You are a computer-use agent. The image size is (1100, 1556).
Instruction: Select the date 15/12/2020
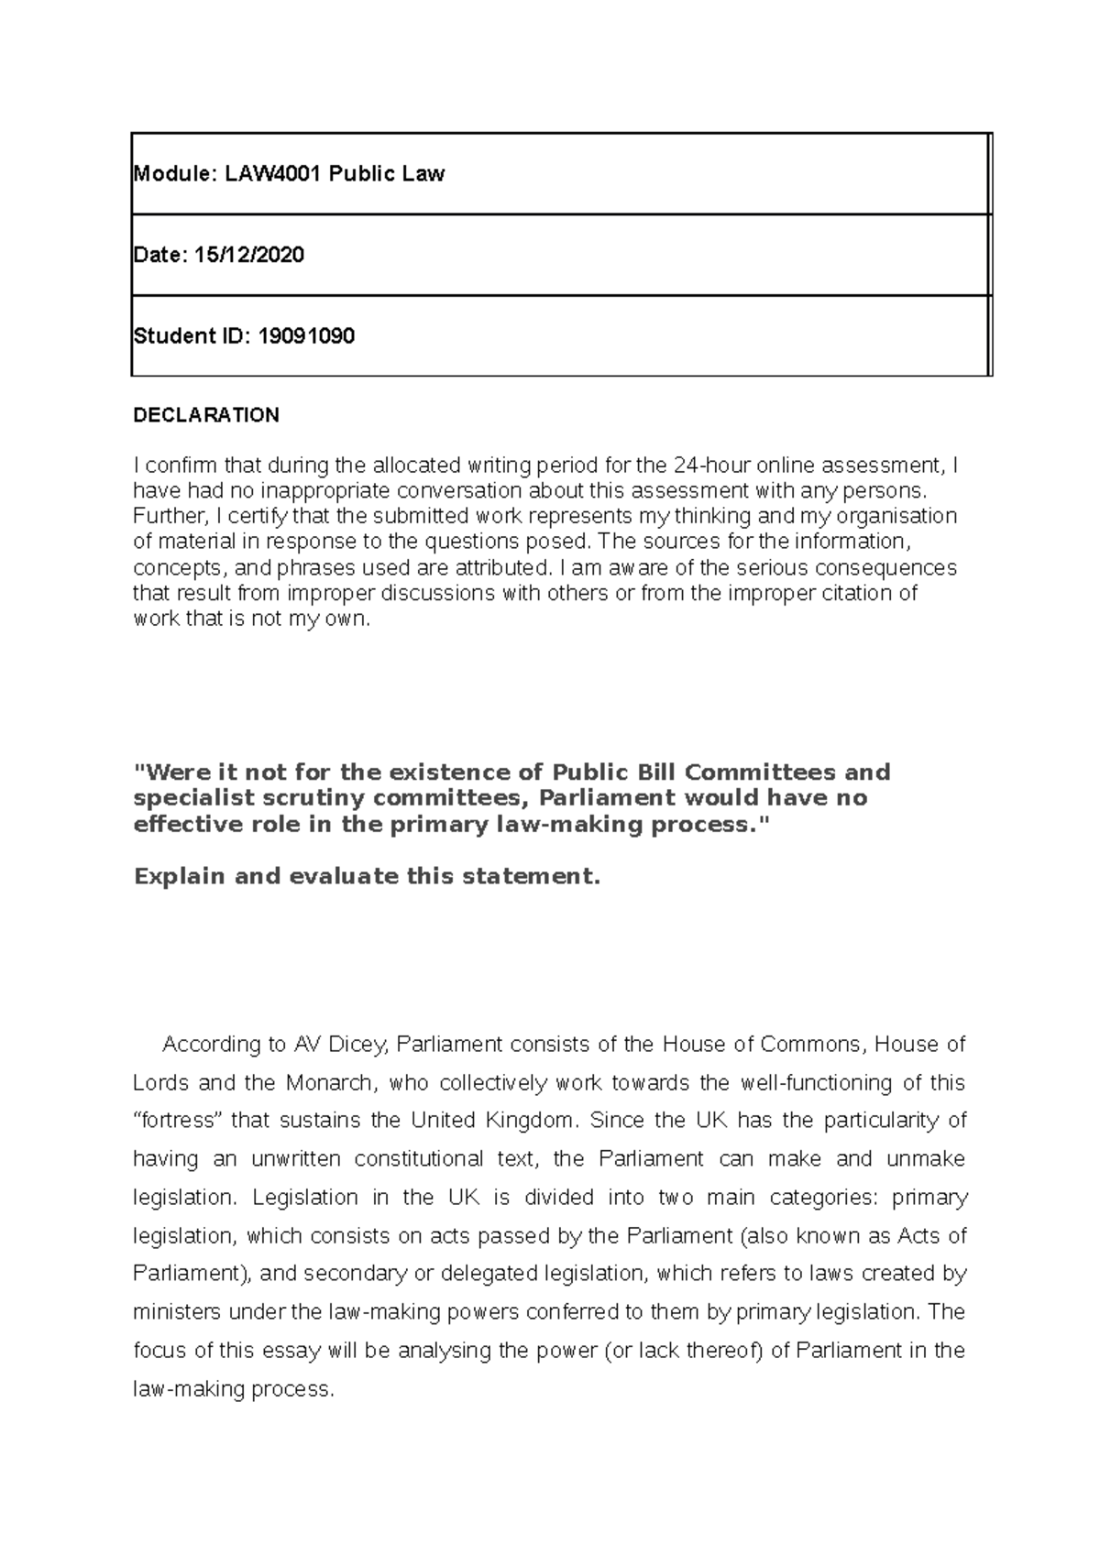248,255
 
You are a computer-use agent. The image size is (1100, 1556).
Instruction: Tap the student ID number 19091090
306,336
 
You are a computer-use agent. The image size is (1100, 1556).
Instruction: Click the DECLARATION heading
206,415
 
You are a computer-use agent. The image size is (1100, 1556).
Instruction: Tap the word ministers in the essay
177,1313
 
